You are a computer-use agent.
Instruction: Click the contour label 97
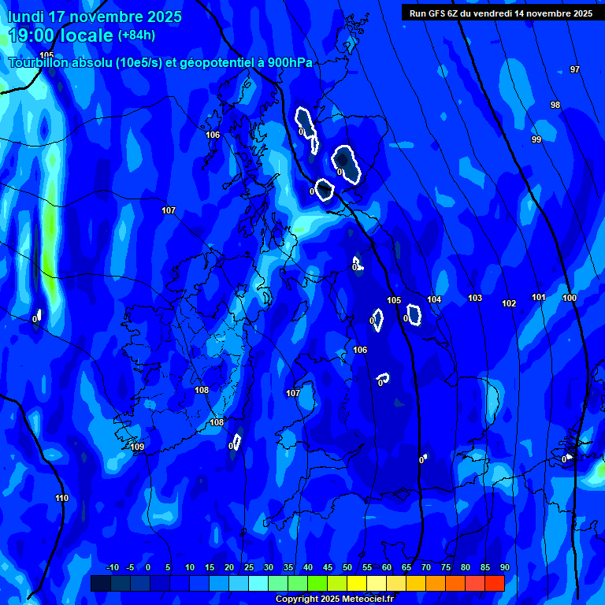tap(575, 70)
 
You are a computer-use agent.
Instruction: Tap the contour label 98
tap(555, 106)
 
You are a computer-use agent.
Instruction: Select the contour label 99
tap(536, 140)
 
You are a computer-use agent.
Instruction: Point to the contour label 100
tap(570, 299)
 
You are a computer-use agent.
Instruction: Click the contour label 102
tap(509, 304)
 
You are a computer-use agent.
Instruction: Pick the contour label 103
tap(475, 299)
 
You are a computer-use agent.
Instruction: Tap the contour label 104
tap(434, 300)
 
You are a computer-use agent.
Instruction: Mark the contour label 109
tap(137, 447)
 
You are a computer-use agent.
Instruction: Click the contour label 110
tap(62, 498)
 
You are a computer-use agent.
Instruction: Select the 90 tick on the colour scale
tap(504, 568)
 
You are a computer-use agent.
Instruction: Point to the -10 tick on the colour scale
tap(112, 568)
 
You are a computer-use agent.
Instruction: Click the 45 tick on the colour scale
tap(328, 568)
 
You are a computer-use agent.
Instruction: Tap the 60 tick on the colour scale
tap(387, 568)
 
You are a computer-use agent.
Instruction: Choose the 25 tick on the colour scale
tap(249, 568)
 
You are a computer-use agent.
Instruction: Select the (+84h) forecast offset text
tap(136, 35)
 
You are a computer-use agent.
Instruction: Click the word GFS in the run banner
tap(440, 13)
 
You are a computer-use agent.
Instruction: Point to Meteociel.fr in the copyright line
tap(363, 599)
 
